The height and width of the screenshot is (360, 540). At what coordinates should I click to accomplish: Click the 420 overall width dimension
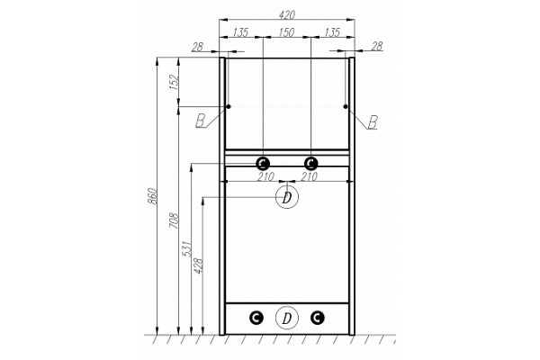tap(286, 14)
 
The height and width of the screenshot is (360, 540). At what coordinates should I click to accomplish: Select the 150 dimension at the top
tap(286, 32)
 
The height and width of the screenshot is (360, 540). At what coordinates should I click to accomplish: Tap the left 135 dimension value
tap(240, 32)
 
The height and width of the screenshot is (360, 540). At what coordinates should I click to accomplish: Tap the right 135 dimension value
tap(332, 32)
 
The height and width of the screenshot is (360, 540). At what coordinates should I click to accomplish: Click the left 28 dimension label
tap(198, 47)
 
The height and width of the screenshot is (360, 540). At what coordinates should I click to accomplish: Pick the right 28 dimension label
tap(377, 46)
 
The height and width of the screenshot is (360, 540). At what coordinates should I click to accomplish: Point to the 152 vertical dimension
tap(175, 82)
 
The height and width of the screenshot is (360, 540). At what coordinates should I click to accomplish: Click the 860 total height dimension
tap(153, 196)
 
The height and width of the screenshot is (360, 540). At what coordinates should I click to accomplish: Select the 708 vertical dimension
tap(174, 220)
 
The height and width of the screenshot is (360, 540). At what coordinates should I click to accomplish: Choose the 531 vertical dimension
tap(186, 248)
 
